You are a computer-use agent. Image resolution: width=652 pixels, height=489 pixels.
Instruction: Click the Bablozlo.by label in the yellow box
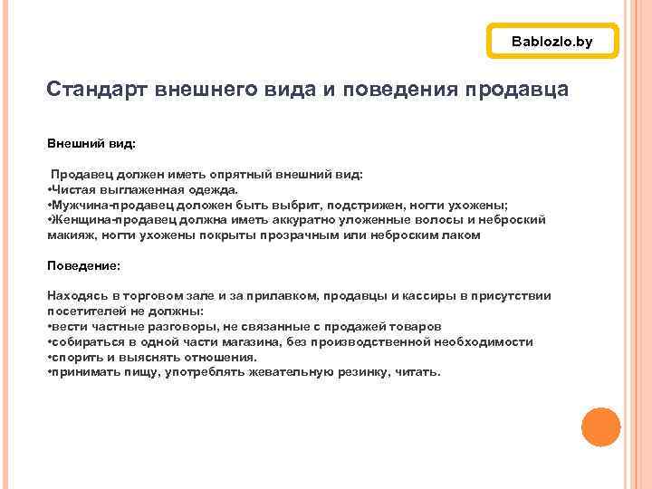click(551, 42)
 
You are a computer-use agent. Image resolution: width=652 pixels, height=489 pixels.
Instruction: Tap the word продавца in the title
click(516, 91)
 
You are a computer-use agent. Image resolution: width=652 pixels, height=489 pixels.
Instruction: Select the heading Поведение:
click(83, 265)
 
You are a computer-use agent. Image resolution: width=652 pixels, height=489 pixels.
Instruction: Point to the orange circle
click(600, 427)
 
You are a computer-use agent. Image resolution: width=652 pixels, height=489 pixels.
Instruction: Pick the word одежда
click(208, 189)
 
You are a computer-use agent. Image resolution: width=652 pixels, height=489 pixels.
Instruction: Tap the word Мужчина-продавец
click(101, 205)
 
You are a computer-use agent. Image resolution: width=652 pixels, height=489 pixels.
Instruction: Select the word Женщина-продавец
click(102, 220)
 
